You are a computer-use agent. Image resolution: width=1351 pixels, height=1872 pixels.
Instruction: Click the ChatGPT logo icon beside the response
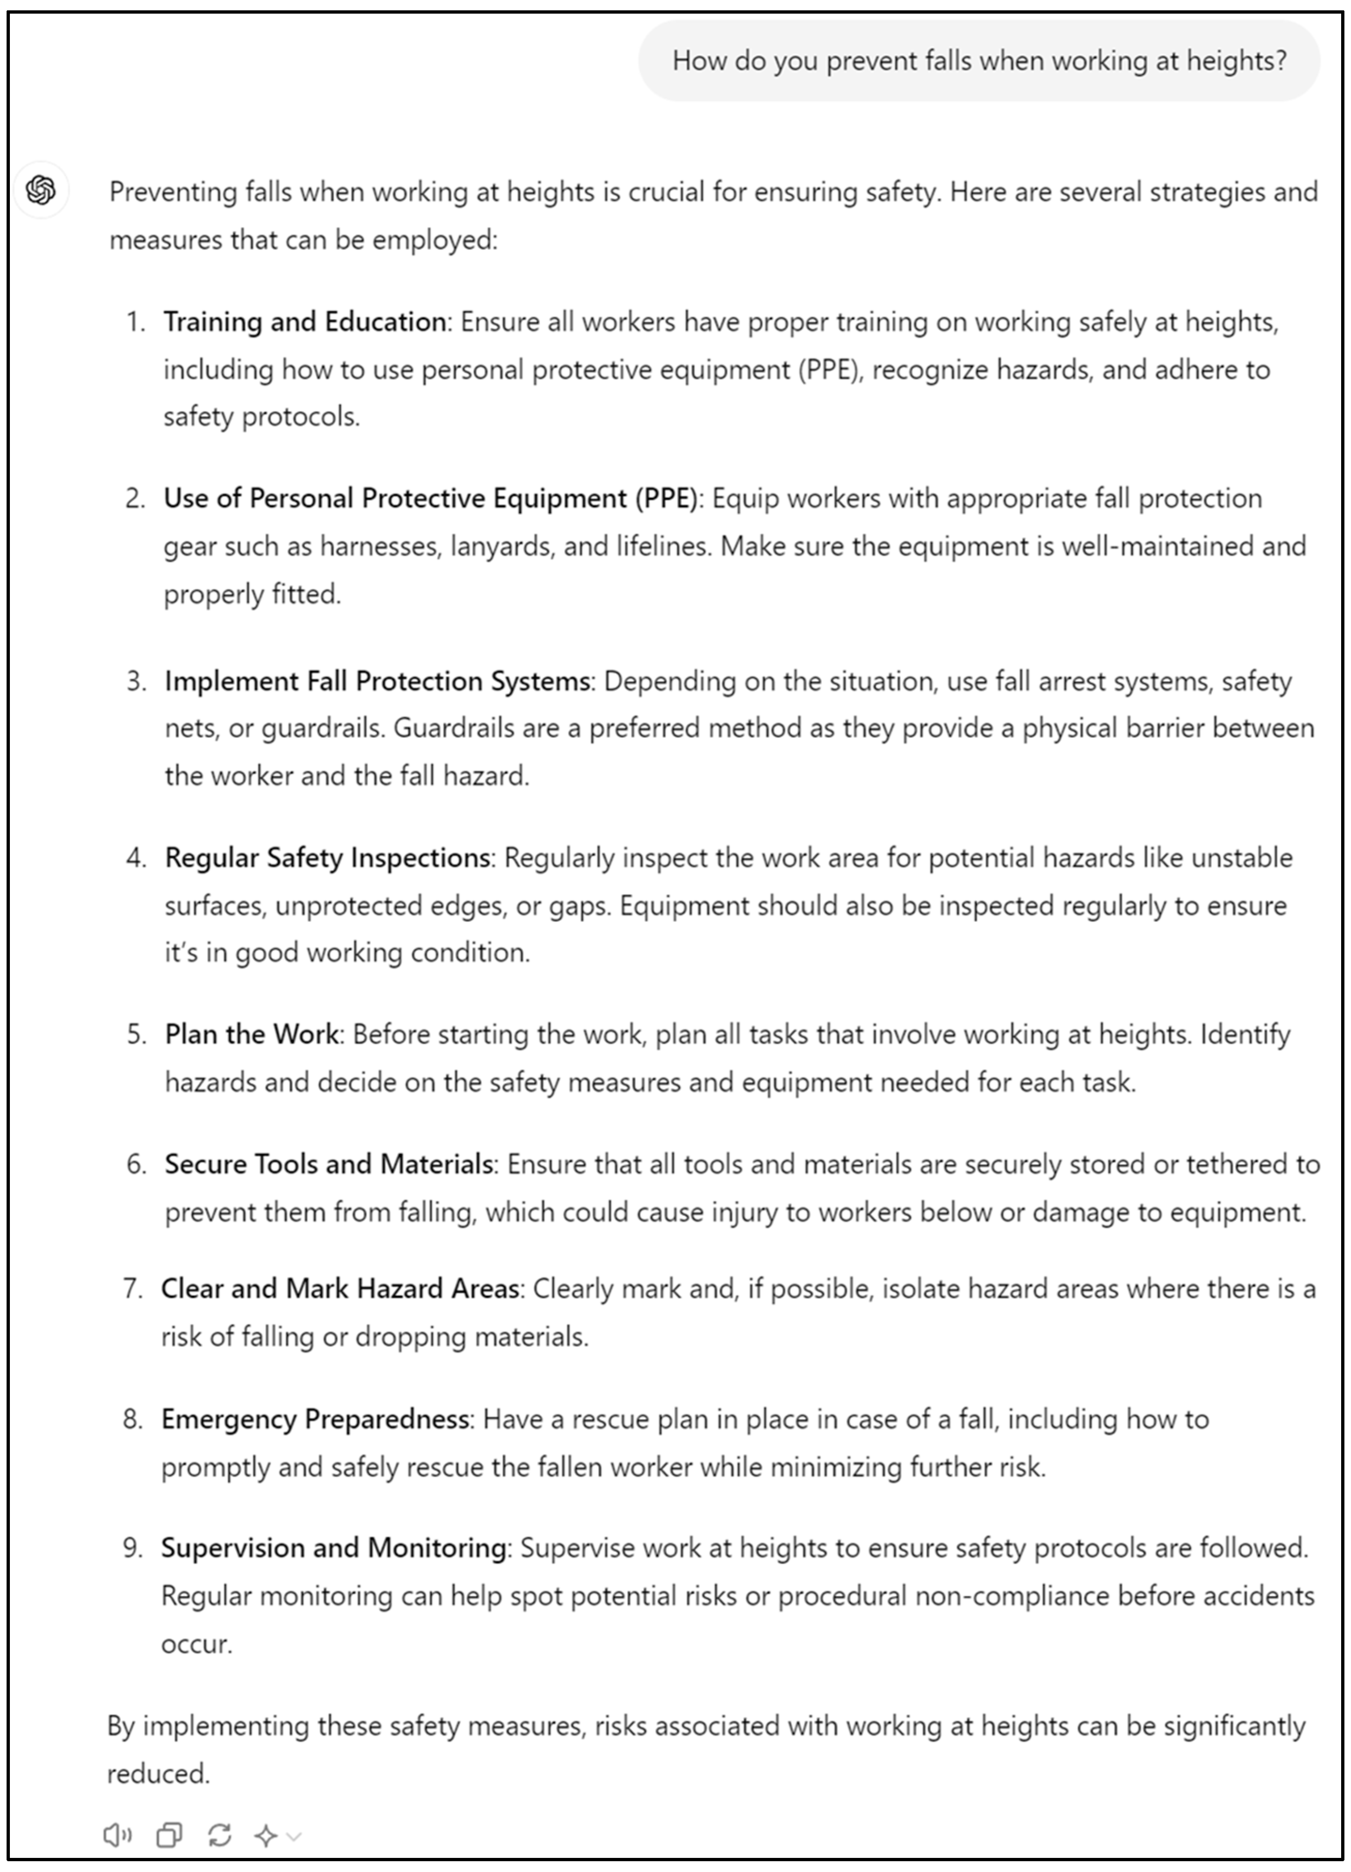pyautogui.click(x=41, y=191)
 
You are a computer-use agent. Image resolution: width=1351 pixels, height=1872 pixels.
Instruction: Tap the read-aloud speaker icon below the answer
pyautogui.click(x=117, y=1835)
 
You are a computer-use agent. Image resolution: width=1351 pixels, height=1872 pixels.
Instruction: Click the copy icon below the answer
pyautogui.click(x=169, y=1835)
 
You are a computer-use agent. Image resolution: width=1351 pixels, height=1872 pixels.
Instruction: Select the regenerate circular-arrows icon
pyautogui.click(x=219, y=1835)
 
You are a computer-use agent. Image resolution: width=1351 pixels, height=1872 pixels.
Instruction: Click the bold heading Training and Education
pyautogui.click(x=304, y=321)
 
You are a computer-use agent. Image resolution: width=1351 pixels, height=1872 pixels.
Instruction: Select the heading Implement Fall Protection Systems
pyautogui.click(x=377, y=681)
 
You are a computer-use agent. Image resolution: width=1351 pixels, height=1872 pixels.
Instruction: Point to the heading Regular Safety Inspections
pyautogui.click(x=327, y=858)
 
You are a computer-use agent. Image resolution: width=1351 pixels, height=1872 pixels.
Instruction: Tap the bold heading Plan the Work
pyautogui.click(x=252, y=1034)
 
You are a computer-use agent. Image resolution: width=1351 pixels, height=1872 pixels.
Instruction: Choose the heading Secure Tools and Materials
pyautogui.click(x=328, y=1164)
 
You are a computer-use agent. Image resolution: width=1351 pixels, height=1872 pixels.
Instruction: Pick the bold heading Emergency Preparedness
pyautogui.click(x=315, y=1419)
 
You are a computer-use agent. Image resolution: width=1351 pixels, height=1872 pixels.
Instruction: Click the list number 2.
pyautogui.click(x=134, y=499)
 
